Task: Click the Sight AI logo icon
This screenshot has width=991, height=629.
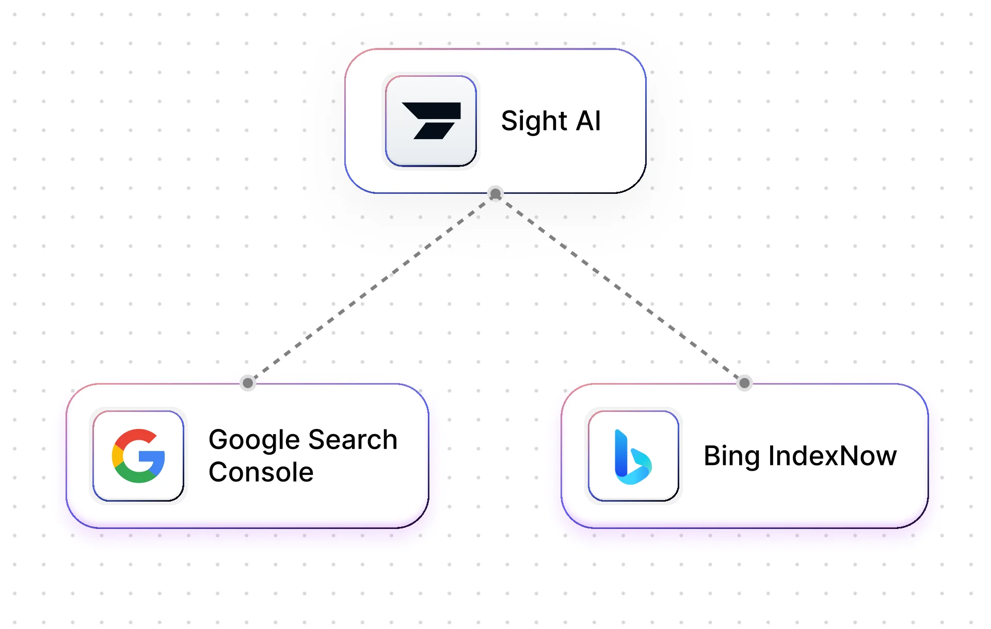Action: click(x=431, y=121)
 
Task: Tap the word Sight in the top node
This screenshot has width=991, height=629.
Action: click(x=534, y=122)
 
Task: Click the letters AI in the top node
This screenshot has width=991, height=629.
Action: click(x=588, y=121)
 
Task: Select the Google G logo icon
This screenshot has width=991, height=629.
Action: click(x=138, y=456)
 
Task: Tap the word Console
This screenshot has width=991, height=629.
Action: click(x=261, y=472)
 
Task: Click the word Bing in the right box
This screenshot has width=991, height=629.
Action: click(x=732, y=456)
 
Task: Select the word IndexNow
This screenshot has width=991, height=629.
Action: click(x=833, y=456)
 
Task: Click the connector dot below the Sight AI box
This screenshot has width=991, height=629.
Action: click(x=495, y=194)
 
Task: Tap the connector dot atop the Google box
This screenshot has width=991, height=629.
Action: click(x=248, y=383)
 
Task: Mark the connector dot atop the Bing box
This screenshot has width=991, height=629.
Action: click(x=744, y=383)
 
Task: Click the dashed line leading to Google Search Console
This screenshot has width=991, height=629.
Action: click(x=372, y=289)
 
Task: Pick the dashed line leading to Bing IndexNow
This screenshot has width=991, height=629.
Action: click(x=619, y=289)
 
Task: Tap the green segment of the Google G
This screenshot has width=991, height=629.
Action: click(x=136, y=476)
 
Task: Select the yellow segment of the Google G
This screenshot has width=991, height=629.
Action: click(x=117, y=456)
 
